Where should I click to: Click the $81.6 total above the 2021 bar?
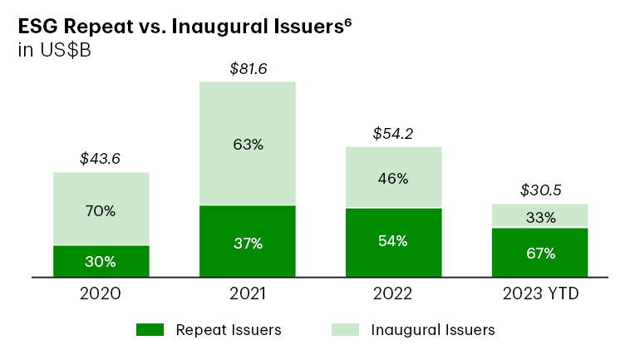pyautogui.click(x=247, y=69)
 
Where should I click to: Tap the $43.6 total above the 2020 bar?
pyautogui.click(x=101, y=158)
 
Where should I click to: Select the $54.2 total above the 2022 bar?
pyautogui.click(x=393, y=133)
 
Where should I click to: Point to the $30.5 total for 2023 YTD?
pyautogui.click(x=540, y=190)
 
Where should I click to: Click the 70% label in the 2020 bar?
pyautogui.click(x=101, y=210)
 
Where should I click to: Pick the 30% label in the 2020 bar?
pyautogui.click(x=101, y=261)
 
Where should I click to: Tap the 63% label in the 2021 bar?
pyautogui.click(x=247, y=145)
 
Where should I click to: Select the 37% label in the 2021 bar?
pyautogui.click(x=247, y=243)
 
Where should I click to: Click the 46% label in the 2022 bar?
pyautogui.click(x=393, y=178)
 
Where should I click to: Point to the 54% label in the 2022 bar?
pyautogui.click(x=393, y=241)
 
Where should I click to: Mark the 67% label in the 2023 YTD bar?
pyautogui.click(x=540, y=253)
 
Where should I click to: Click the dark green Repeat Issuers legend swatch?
pyautogui.click(x=151, y=330)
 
